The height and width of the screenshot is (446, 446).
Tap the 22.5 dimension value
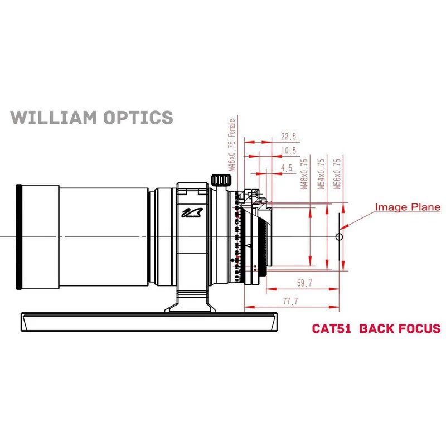pos(288,137)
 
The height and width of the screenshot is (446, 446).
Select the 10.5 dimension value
pos(288,151)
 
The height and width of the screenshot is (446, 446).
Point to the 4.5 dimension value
pos(287,168)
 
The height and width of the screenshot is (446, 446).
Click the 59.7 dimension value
pos(304,284)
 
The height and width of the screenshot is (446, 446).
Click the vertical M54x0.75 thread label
pos(321,174)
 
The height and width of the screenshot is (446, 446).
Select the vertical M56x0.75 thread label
pos(336,174)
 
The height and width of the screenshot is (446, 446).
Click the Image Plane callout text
pos(408,207)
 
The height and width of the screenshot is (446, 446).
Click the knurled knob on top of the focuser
pos(221,180)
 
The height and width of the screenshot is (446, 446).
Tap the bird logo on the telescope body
pos(190,214)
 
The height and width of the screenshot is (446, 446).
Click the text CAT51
pos(331,328)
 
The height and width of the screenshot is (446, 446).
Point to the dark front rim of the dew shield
pos(20,237)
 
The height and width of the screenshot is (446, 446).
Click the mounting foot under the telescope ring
pos(190,302)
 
